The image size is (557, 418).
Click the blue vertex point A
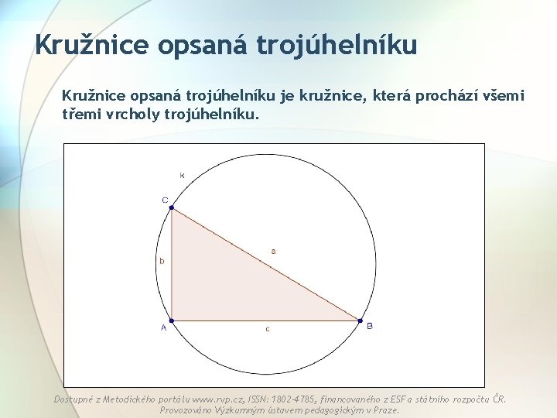171,320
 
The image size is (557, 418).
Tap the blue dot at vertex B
360,320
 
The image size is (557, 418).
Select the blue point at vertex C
171,207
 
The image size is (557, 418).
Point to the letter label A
163,328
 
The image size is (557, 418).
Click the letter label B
370,327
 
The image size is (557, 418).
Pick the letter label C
165,200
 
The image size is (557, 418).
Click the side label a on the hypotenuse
272,251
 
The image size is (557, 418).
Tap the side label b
162,262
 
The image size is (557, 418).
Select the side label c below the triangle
268,329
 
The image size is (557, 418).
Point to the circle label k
183,176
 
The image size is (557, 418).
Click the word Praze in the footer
384,410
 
